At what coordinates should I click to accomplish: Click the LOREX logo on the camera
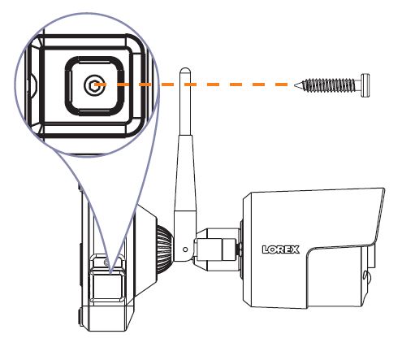281,249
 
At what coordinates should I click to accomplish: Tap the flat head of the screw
365,85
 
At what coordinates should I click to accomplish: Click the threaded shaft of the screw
329,85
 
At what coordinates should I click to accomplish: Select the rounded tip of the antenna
185,71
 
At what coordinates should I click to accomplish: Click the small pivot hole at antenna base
185,249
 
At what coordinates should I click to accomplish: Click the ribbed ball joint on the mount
163,249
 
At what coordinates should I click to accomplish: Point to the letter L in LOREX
266,249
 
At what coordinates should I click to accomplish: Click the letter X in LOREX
295,249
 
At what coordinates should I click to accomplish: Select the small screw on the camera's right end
367,277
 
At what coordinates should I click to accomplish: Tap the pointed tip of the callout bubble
110,272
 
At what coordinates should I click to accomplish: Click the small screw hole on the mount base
106,262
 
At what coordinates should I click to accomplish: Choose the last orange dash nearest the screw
282,85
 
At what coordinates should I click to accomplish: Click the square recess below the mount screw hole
108,287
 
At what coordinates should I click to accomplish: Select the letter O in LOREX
272,249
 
